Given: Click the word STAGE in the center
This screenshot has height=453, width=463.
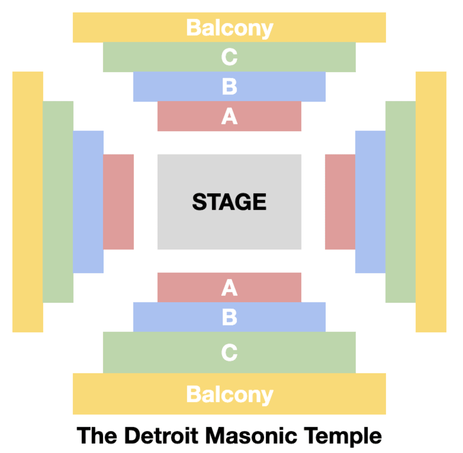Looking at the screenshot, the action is coord(229,202).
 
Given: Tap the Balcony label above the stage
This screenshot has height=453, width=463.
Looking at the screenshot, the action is coord(230,28).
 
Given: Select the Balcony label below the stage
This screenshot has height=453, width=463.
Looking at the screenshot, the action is coord(230,395).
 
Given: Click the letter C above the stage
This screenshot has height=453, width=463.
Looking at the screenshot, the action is coord(229,57).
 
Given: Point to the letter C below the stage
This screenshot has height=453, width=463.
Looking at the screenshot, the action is coord(229,352).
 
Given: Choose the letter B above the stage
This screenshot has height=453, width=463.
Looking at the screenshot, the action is coord(229,86).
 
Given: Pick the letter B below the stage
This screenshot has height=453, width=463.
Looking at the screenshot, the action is coord(229,317).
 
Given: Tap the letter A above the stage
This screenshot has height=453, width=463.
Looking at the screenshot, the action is coord(229,116).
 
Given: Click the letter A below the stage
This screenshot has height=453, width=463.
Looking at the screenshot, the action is coord(229,288).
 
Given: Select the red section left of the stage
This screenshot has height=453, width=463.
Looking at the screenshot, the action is coord(118,202).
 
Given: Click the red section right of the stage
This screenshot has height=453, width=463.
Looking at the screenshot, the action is coord(340,202).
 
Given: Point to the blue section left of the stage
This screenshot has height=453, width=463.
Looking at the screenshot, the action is coord(88,202).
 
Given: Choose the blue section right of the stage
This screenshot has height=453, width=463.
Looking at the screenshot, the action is coord(370,202).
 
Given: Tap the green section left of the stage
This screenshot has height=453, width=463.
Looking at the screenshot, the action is coord(58,202).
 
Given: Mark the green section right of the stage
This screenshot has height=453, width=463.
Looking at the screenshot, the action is coord(401,202).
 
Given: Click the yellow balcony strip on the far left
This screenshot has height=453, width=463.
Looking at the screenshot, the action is coord(28,202).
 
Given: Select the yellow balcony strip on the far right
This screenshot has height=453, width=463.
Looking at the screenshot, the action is coord(431,202).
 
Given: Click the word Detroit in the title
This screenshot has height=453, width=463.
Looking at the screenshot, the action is coord(161,435).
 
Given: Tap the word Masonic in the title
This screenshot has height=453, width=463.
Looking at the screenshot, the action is coord(251,435).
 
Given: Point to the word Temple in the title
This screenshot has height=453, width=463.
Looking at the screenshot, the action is coord(343,436).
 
